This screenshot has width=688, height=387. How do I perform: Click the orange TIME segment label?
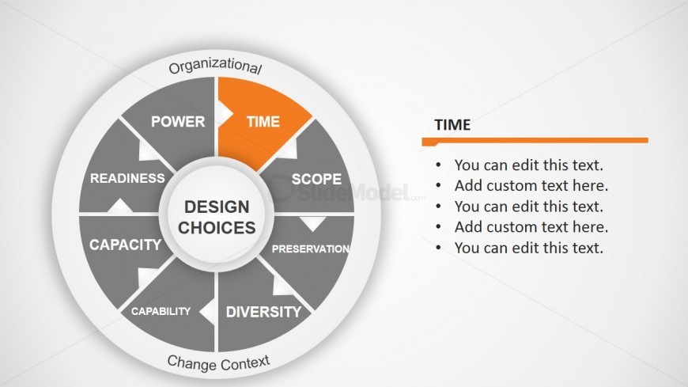[263, 121]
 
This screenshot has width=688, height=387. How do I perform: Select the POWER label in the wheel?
[178, 121]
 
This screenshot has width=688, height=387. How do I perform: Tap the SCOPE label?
[316, 179]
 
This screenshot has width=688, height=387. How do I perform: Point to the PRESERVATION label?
[311, 249]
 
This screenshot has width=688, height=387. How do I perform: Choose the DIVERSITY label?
[263, 312]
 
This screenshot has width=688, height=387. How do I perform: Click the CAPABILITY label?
[161, 312]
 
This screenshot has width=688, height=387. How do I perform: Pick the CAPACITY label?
[126, 245]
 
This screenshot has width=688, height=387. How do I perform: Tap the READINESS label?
[127, 178]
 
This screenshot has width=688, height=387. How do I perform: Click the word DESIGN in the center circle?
[217, 207]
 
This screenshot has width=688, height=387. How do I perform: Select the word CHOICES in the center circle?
[217, 228]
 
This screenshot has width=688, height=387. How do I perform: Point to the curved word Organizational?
[215, 66]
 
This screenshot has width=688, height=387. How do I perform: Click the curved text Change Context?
[218, 362]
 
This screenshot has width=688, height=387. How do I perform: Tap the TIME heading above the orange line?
[452, 125]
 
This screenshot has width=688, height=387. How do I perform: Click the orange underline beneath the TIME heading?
[535, 141]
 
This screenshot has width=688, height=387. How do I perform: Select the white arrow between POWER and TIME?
[225, 114]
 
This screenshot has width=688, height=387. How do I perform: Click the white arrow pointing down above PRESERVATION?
[312, 224]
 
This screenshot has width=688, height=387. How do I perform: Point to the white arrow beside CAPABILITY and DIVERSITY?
[207, 311]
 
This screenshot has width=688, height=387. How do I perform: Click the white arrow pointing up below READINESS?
[119, 206]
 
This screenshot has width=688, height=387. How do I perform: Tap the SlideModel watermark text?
[346, 192]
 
